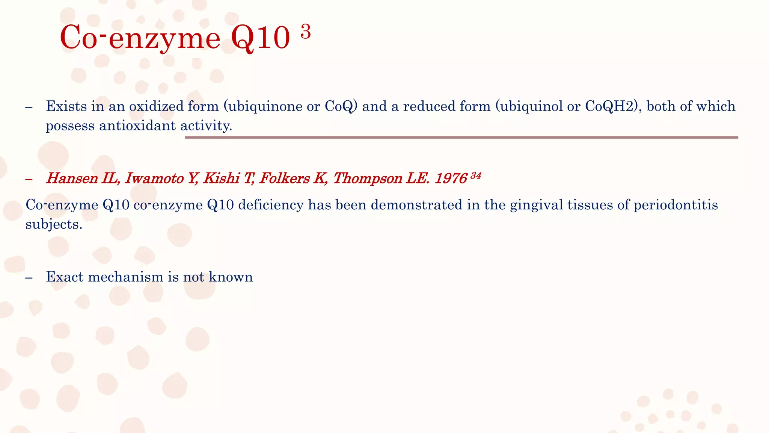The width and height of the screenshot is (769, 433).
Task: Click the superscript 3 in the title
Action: coord(306,32)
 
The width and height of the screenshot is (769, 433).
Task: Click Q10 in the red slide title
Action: coord(260,38)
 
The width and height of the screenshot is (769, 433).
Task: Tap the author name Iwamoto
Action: coord(154,178)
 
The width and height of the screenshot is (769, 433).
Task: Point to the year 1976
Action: coord(451,178)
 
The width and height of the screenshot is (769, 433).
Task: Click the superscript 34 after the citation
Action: coord(476,176)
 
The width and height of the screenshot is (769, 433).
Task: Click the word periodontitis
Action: coord(676,205)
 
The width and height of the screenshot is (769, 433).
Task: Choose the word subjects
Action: coord(53,224)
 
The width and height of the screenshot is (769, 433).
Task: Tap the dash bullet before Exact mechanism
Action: coord(29,277)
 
